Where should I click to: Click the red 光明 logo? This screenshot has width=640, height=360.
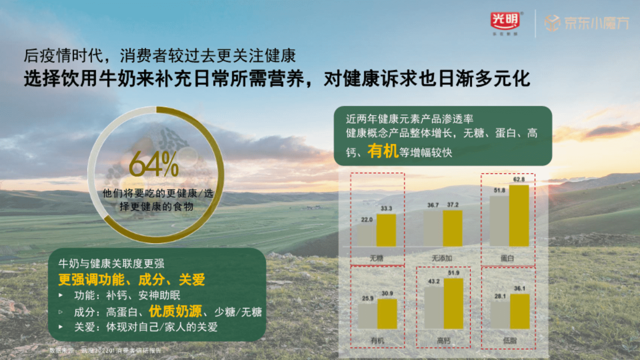505,21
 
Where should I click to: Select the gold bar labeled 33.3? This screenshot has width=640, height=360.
386,230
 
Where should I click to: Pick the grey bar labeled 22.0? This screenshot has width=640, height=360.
366,235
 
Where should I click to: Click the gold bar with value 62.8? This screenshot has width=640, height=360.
518,215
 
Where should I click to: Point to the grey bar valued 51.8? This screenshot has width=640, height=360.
499,221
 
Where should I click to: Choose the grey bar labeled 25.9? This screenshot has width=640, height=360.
367,316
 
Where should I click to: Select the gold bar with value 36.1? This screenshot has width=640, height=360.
519,311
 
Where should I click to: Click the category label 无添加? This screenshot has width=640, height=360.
443,258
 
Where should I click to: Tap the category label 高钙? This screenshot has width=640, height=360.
443,341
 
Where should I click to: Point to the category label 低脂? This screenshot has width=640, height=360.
509,341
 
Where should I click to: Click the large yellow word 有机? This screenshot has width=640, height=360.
382,151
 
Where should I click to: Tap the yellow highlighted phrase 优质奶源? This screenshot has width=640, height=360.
175,311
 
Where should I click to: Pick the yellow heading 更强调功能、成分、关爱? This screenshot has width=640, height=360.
132,279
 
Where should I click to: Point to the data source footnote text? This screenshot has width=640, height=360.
105,350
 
